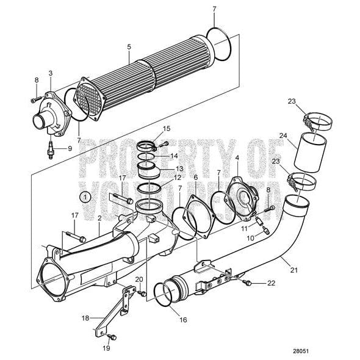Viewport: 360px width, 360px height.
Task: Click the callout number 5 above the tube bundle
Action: click(x=129, y=46)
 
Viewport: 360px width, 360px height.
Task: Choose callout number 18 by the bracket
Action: click(x=85, y=318)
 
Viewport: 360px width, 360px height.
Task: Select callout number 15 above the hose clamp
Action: click(x=167, y=129)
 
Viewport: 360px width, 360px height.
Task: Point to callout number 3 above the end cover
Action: click(x=51, y=73)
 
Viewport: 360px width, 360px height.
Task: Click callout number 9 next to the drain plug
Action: click(x=69, y=148)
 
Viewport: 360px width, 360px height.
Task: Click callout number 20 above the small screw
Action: click(x=139, y=279)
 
